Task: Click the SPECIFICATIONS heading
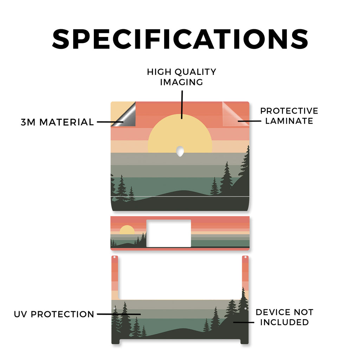(180, 39)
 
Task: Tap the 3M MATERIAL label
(57, 122)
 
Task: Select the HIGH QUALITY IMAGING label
(182, 77)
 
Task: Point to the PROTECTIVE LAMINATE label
(289, 116)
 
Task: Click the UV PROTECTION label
(54, 314)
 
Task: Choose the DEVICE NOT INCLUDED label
(284, 317)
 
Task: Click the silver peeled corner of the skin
(125, 116)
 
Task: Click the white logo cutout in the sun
(180, 151)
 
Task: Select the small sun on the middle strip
(127, 230)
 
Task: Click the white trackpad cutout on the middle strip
(169, 233)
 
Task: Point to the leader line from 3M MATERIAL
(110, 122)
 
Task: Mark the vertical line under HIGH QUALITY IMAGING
(182, 105)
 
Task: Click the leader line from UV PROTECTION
(119, 314)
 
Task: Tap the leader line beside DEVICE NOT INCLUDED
(244, 322)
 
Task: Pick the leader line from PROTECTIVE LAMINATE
(249, 121)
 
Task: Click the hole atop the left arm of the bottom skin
(115, 257)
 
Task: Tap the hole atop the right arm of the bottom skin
(245, 257)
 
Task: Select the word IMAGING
(182, 82)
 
